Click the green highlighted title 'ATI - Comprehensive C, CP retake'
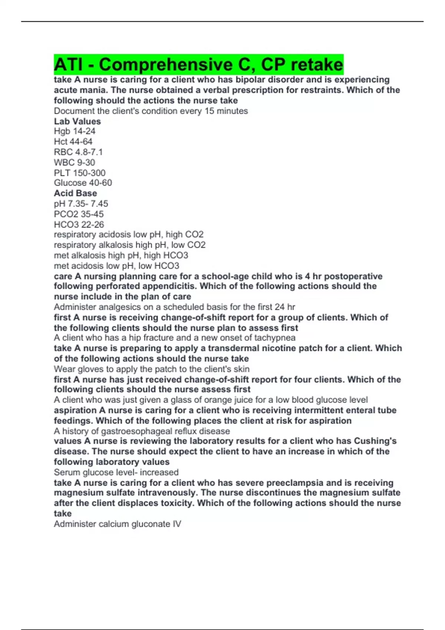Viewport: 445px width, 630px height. [198, 65]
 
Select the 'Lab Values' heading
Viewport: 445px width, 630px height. [77, 121]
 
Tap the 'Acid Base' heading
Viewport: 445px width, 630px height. [75, 193]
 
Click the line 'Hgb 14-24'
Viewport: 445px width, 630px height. [75, 131]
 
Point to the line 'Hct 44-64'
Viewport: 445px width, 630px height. [73, 142]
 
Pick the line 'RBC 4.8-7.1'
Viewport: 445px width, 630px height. [78, 152]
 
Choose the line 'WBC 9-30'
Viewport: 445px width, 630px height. [74, 162]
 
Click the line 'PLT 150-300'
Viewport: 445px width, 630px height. [79, 173]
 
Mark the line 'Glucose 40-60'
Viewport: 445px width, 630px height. [83, 183]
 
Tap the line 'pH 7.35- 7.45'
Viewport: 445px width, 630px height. [81, 203]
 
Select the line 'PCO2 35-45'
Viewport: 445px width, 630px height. [79, 214]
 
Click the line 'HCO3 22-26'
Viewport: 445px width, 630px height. [79, 224]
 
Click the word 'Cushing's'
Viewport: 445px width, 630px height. [375, 441]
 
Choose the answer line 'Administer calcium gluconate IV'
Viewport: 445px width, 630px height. [117, 524]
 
